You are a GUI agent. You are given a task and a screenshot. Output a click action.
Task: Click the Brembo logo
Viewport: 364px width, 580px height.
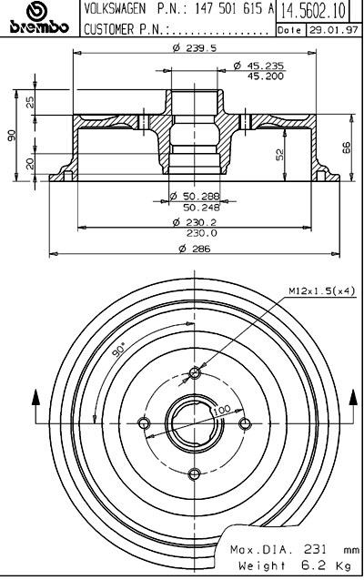click(x=39, y=17)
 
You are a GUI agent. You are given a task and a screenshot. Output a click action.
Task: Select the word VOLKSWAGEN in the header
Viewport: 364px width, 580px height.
click(x=115, y=9)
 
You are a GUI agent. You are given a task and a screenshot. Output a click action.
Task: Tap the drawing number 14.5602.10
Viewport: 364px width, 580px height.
click(x=313, y=11)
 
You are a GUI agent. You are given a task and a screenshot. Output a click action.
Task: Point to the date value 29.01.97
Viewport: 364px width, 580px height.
click(x=333, y=30)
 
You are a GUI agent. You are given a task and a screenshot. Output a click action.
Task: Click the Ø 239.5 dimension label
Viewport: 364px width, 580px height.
click(x=195, y=47)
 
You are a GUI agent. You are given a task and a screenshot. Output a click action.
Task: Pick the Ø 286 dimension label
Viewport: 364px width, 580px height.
click(x=195, y=249)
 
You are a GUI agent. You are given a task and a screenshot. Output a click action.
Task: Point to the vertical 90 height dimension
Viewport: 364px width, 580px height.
click(x=12, y=135)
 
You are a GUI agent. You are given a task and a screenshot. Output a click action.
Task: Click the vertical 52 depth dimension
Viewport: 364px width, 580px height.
click(x=279, y=154)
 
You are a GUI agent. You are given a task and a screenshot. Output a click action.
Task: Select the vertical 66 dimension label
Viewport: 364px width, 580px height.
click(x=346, y=148)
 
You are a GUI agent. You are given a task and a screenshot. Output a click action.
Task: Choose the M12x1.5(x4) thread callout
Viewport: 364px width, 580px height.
click(x=321, y=290)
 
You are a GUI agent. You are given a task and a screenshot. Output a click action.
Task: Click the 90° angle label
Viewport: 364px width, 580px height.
click(x=119, y=350)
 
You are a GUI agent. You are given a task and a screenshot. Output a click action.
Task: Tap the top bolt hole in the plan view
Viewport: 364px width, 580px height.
click(x=195, y=372)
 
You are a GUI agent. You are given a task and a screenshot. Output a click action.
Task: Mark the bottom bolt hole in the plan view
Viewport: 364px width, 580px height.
click(x=195, y=473)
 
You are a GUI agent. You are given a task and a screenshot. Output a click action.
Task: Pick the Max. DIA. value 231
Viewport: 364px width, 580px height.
click(x=315, y=549)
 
